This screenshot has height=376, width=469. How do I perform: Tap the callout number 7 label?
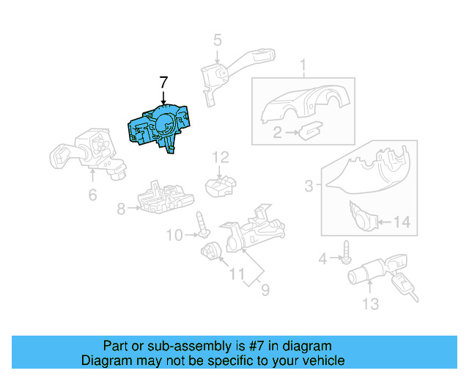click(x=163, y=83)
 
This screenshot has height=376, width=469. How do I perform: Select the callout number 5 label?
click(x=218, y=40)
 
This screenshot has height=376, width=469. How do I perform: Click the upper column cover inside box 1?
click(x=303, y=102)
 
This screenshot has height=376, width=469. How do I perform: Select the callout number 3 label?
click(x=310, y=187)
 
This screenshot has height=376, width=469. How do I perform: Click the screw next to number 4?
click(x=344, y=258)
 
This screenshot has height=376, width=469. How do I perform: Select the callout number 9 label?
click(x=264, y=289)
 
